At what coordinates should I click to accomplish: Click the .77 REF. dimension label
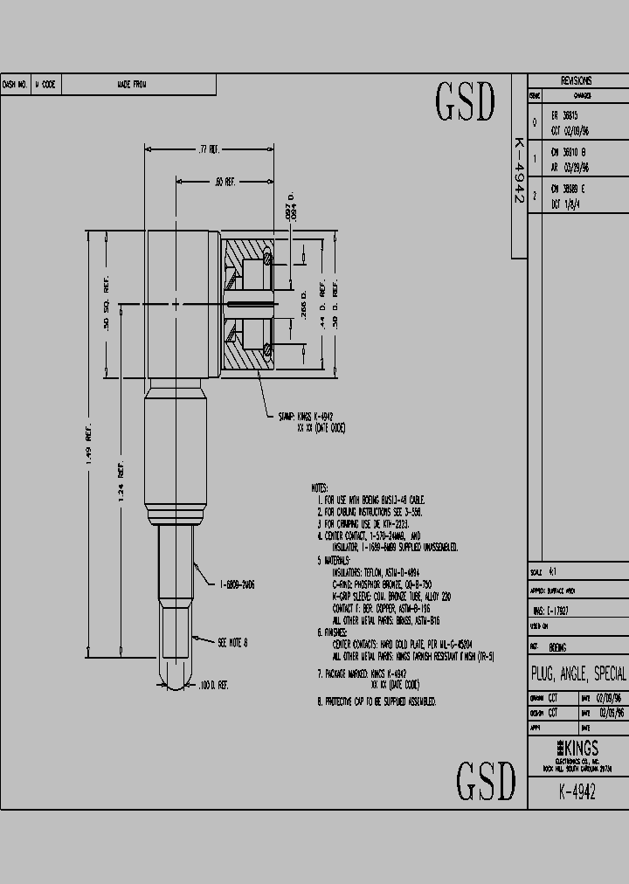tap(208, 150)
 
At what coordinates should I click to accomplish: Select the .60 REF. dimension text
tap(225, 182)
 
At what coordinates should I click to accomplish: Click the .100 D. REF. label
tap(213, 687)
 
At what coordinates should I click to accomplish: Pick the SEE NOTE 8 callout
tap(232, 642)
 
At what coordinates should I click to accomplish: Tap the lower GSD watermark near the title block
tap(486, 780)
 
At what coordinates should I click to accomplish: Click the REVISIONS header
tap(576, 80)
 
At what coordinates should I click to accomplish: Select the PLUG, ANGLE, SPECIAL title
tap(578, 673)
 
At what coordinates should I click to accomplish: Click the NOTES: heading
tap(319, 487)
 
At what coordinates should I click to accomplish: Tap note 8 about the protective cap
tap(377, 701)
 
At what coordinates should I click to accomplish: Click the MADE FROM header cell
tap(133, 85)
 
